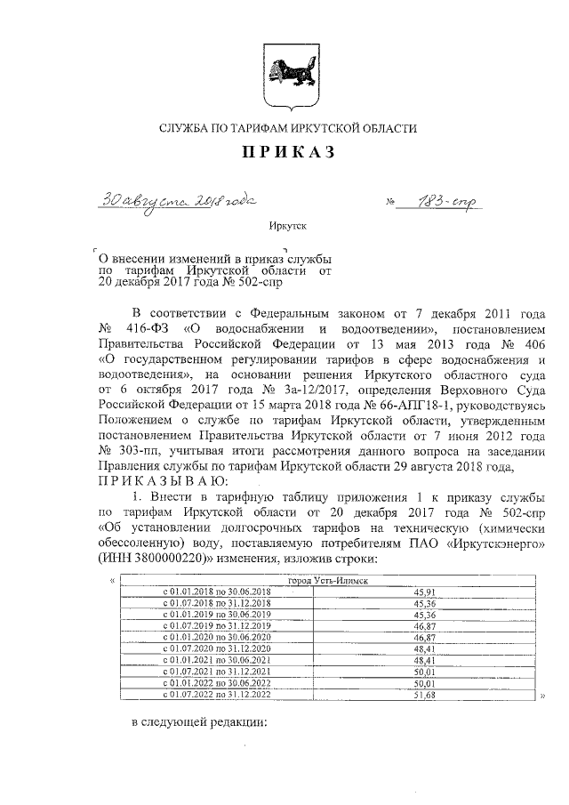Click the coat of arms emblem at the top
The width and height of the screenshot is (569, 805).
pos(284,70)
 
